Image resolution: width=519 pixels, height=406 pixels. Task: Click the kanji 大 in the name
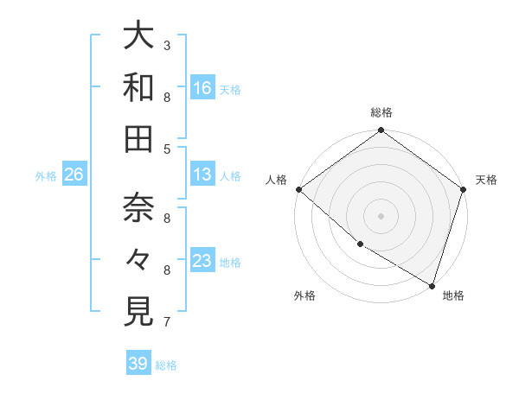pos(138,36)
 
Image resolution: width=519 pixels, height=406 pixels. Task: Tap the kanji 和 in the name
pos(138,87)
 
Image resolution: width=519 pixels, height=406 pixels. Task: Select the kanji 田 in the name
pos(138,139)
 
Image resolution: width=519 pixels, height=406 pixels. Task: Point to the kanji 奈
pos(138,207)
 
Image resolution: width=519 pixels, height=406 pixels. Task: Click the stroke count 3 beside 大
pos(167,45)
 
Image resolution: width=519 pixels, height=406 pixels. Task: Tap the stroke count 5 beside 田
pos(167,149)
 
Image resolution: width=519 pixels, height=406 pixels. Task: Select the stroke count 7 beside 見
pos(167,322)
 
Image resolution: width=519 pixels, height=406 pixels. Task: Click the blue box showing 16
pos(202,87)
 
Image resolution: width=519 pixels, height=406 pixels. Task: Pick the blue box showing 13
pos(202,174)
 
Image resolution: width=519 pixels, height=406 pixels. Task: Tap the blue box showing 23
pos(202,261)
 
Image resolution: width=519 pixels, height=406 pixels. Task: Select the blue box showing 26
pos(74,174)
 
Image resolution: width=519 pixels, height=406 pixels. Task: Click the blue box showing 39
pos(138,364)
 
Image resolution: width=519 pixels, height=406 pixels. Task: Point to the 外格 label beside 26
pos(46,176)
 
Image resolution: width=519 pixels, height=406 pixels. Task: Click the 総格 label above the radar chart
pos(381,112)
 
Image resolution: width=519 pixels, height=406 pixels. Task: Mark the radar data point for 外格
pos(360,244)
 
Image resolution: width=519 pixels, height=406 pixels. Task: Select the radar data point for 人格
pos(298,189)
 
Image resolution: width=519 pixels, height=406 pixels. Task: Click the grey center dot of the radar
pos(381,215)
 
